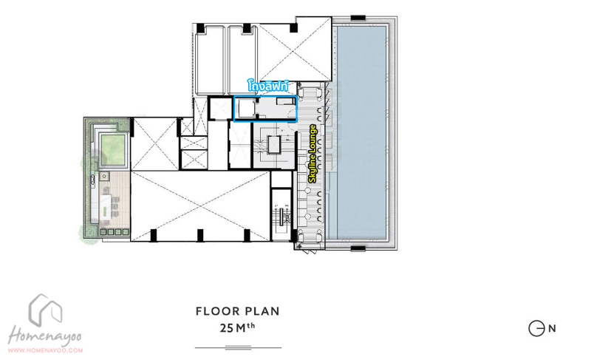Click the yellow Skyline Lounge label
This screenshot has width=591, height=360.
pyautogui.click(x=312, y=154)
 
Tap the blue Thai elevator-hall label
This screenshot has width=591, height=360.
pyautogui.click(x=268, y=86)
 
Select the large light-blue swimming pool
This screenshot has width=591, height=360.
pyautogui.click(x=361, y=132)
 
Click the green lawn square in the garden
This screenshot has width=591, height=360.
pyautogui.click(x=113, y=149)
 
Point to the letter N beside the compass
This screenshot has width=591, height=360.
pyautogui.click(x=552, y=328)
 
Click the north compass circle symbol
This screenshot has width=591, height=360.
pyautogui.click(x=536, y=328)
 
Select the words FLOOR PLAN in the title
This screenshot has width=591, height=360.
pyautogui.click(x=238, y=311)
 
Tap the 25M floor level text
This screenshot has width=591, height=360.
pyautogui.click(x=237, y=327)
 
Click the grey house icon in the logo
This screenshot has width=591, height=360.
pyautogui.click(x=45, y=310)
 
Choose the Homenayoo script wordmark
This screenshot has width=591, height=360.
pyautogui.click(x=44, y=336)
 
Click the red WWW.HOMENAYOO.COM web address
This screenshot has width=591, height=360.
pyautogui.click(x=45, y=350)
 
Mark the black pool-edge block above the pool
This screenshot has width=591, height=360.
pyautogui.click(x=358, y=17)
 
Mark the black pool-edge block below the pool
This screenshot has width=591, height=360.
pyautogui.click(x=358, y=248)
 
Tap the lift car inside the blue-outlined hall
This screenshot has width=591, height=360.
pyautogui.click(x=245, y=109)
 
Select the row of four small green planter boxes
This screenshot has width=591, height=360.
pyautogui.click(x=115, y=232)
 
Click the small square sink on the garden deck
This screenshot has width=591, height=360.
pyautogui.click(x=104, y=176)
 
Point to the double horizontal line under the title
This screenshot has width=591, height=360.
pyautogui.click(x=238, y=347)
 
